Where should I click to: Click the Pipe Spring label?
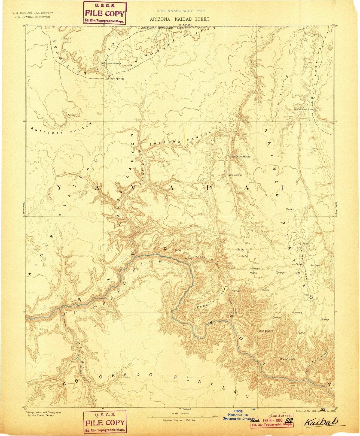(116, 78)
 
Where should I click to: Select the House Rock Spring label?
(304, 110)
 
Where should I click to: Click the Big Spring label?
(235, 175)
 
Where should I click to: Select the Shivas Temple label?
(287, 359)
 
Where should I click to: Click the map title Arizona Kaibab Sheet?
(179, 19)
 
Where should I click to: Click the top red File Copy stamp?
(105, 13)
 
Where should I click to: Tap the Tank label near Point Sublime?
(302, 333)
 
